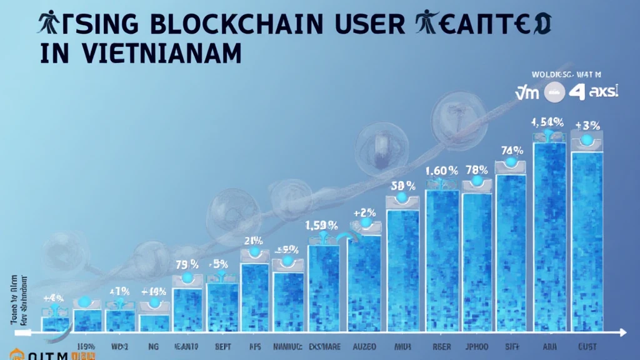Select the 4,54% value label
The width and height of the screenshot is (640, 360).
coord(548,122)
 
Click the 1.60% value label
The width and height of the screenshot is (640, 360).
coord(442,170)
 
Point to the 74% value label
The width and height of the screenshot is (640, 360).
coord(511,150)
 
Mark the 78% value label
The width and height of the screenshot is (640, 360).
coord(477,170)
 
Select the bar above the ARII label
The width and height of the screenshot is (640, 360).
coord(549,237)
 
